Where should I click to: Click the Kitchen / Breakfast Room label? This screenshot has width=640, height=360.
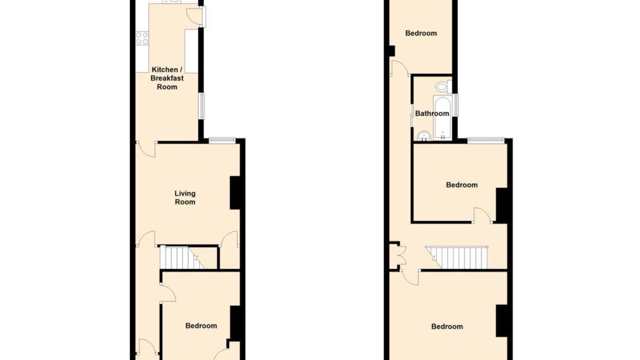coord(167,78)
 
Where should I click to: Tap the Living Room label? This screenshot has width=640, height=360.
coord(185,198)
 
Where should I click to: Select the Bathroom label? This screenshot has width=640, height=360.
coord(432,113)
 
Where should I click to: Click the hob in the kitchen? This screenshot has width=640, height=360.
coord(142,38)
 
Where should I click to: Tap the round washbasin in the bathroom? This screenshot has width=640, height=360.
coord(424,136)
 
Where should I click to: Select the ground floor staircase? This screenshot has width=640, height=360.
coord(181,257)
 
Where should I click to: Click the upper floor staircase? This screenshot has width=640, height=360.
coord(457,258)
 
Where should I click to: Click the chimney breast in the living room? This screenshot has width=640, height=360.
coord(235,193)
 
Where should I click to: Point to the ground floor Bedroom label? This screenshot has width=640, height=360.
coord(201,326)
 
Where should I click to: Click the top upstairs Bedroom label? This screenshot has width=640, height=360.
coord(421,34)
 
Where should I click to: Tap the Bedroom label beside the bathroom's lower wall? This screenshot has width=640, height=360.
coord(462,185)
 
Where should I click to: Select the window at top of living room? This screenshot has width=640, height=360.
coord(222,140)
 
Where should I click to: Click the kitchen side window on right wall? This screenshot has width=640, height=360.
coord(202,106)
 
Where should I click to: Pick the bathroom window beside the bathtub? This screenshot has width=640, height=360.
coord(455,105)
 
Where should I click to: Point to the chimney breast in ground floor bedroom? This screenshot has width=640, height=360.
coord(235,322)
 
